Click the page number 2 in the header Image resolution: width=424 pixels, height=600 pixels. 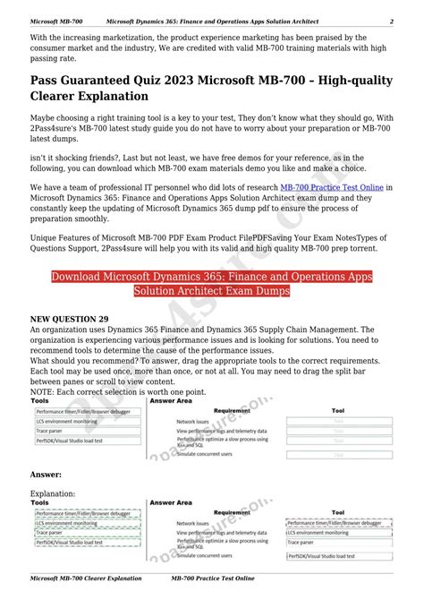(x=391, y=21)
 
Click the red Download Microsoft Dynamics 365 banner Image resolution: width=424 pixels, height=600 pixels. (x=212, y=284)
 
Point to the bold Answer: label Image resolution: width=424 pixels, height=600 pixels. (x=46, y=474)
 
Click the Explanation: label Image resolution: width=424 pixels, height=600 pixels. (x=53, y=493)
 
